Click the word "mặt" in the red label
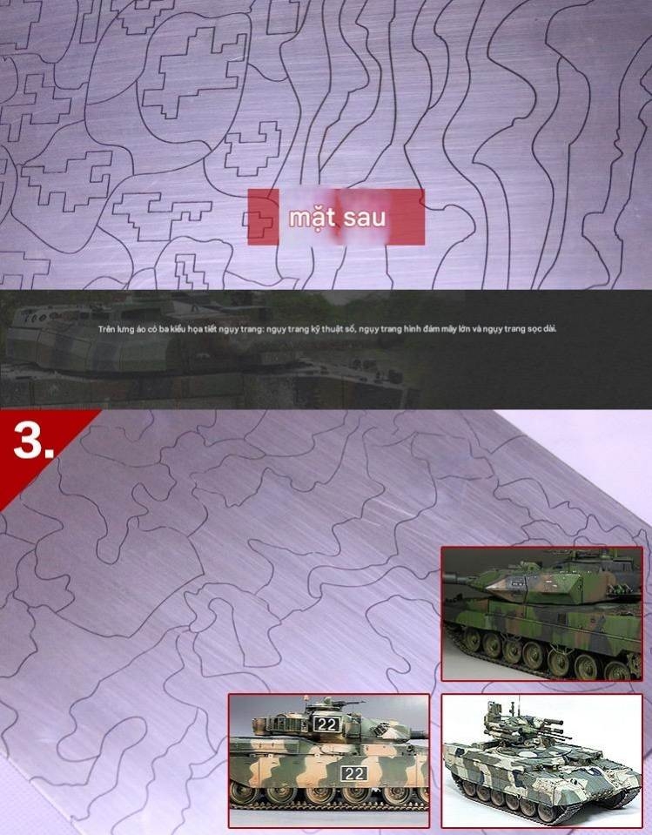pyautogui.click(x=313, y=216)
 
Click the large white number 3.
pyautogui.click(x=33, y=443)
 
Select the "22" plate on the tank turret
pyautogui.click(x=326, y=724)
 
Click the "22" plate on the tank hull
pyautogui.click(x=353, y=773)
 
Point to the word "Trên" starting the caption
pyautogui.click(x=106, y=329)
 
